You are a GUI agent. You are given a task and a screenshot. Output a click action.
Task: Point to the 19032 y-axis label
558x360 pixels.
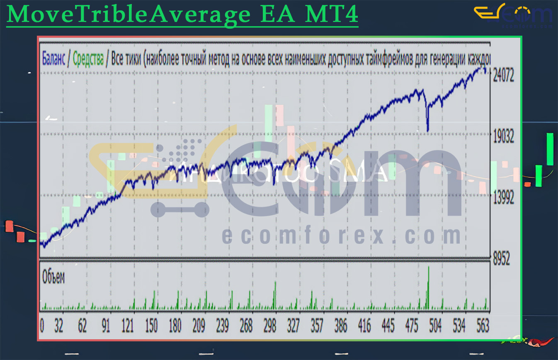click(x=503, y=137)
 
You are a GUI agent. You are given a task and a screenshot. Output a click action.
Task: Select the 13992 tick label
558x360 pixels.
click(x=503, y=199)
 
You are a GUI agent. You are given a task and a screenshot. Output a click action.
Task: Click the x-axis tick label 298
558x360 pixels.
click(x=270, y=326)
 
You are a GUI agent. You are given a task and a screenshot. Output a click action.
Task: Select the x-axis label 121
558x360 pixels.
click(x=128, y=326)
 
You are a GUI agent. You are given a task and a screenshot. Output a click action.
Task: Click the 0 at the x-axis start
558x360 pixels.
click(x=42, y=326)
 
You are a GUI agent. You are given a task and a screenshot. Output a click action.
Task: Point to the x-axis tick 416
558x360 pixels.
click(x=365, y=326)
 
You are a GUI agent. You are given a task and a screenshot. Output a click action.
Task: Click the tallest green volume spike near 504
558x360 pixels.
click(x=428, y=286)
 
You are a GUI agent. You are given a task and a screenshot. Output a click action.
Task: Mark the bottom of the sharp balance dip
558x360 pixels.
click(x=428, y=131)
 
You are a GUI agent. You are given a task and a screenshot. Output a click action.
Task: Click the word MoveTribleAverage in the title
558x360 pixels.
click(x=128, y=15)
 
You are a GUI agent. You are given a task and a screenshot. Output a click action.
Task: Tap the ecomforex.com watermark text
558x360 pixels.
click(x=341, y=236)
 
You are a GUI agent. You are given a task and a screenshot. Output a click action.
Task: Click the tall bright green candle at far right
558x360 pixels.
click(x=550, y=149)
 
